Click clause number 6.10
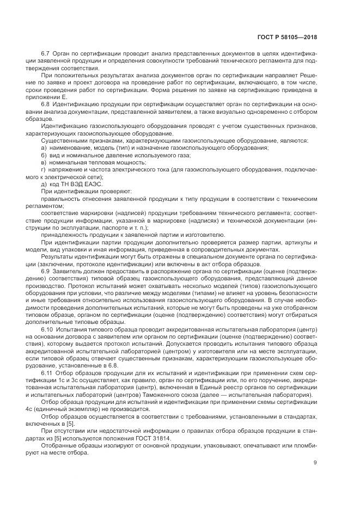[x=47, y=331]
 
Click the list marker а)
[x=44, y=148]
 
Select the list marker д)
[x=44, y=184]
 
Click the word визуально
[x=232, y=112]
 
